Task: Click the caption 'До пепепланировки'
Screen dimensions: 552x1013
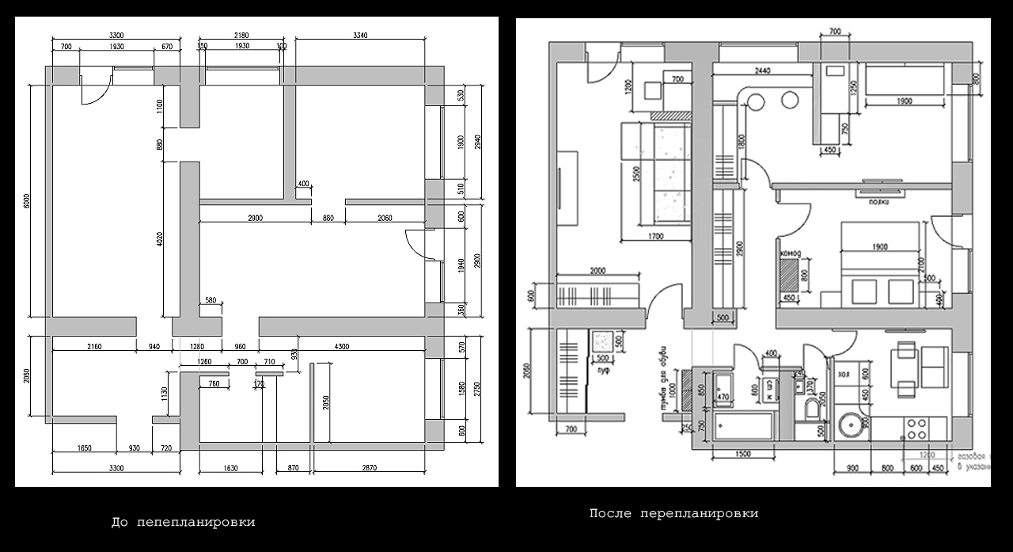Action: (x=183, y=523)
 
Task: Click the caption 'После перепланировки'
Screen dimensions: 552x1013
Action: (x=673, y=513)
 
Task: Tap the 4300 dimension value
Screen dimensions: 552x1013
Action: (x=342, y=345)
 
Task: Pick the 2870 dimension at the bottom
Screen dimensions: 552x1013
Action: (x=370, y=469)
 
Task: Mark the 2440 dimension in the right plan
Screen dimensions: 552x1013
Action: (x=764, y=71)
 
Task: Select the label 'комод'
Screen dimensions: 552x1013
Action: (x=791, y=253)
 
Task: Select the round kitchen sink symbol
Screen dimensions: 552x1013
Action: (x=853, y=425)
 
